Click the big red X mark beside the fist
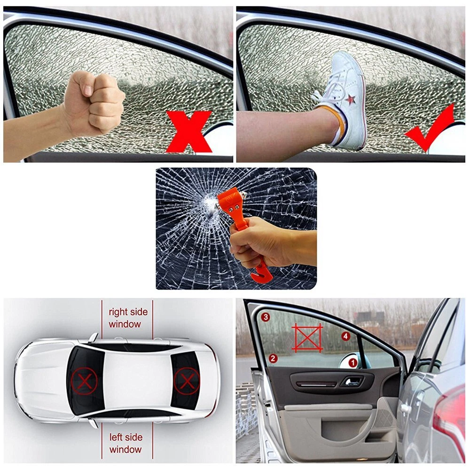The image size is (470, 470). click(x=189, y=132)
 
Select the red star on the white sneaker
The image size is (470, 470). click(x=350, y=99)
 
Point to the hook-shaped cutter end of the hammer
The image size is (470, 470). click(x=261, y=274)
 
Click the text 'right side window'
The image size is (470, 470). click(x=128, y=318)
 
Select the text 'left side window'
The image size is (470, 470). click(x=126, y=443)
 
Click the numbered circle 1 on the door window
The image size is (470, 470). click(x=353, y=363)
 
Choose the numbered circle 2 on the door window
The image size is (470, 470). click(x=273, y=358)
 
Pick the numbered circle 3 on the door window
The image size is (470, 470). click(x=265, y=317)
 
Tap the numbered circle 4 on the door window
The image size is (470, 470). click(x=346, y=336)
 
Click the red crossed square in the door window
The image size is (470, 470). click(x=307, y=337)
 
